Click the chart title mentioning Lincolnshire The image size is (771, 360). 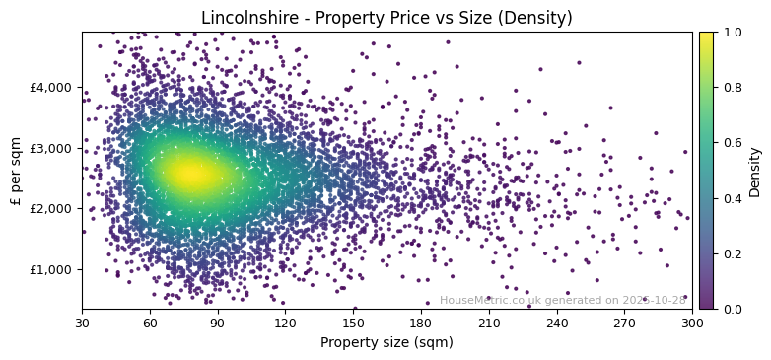click(386, 18)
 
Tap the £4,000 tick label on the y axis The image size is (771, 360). click(52, 87)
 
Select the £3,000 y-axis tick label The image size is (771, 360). click(52, 148)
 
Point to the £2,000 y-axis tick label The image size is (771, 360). click(52, 209)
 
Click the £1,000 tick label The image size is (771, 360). click(52, 270)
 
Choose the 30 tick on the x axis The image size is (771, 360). click(82, 323)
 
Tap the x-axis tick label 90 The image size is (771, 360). click(217, 323)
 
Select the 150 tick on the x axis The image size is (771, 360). click(353, 323)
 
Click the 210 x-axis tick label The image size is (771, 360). click(489, 323)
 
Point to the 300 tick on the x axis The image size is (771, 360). click(692, 323)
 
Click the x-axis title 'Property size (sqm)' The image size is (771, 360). click(386, 343)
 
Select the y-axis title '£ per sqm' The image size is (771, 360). click(16, 171)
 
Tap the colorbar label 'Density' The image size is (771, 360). click(755, 171)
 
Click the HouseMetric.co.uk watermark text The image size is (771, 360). click(562, 301)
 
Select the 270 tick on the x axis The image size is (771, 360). click(624, 323)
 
